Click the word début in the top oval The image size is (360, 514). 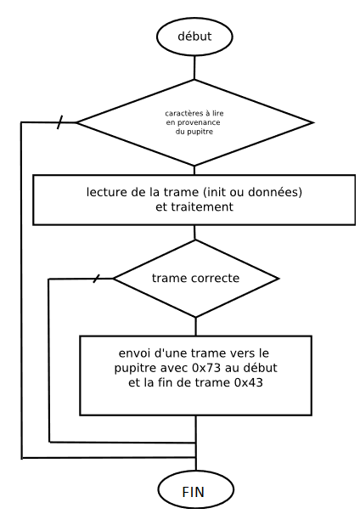click(194, 36)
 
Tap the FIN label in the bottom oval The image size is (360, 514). click(194, 492)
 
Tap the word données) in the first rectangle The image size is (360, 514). click(275, 192)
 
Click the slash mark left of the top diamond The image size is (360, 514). click(59, 122)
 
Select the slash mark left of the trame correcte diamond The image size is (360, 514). click(96, 279)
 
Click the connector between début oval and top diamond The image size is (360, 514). click(194, 67)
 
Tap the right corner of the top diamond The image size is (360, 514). click(313, 123)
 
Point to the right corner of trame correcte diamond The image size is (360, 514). click(278, 279)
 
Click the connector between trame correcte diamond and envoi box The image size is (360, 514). click(196, 326)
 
